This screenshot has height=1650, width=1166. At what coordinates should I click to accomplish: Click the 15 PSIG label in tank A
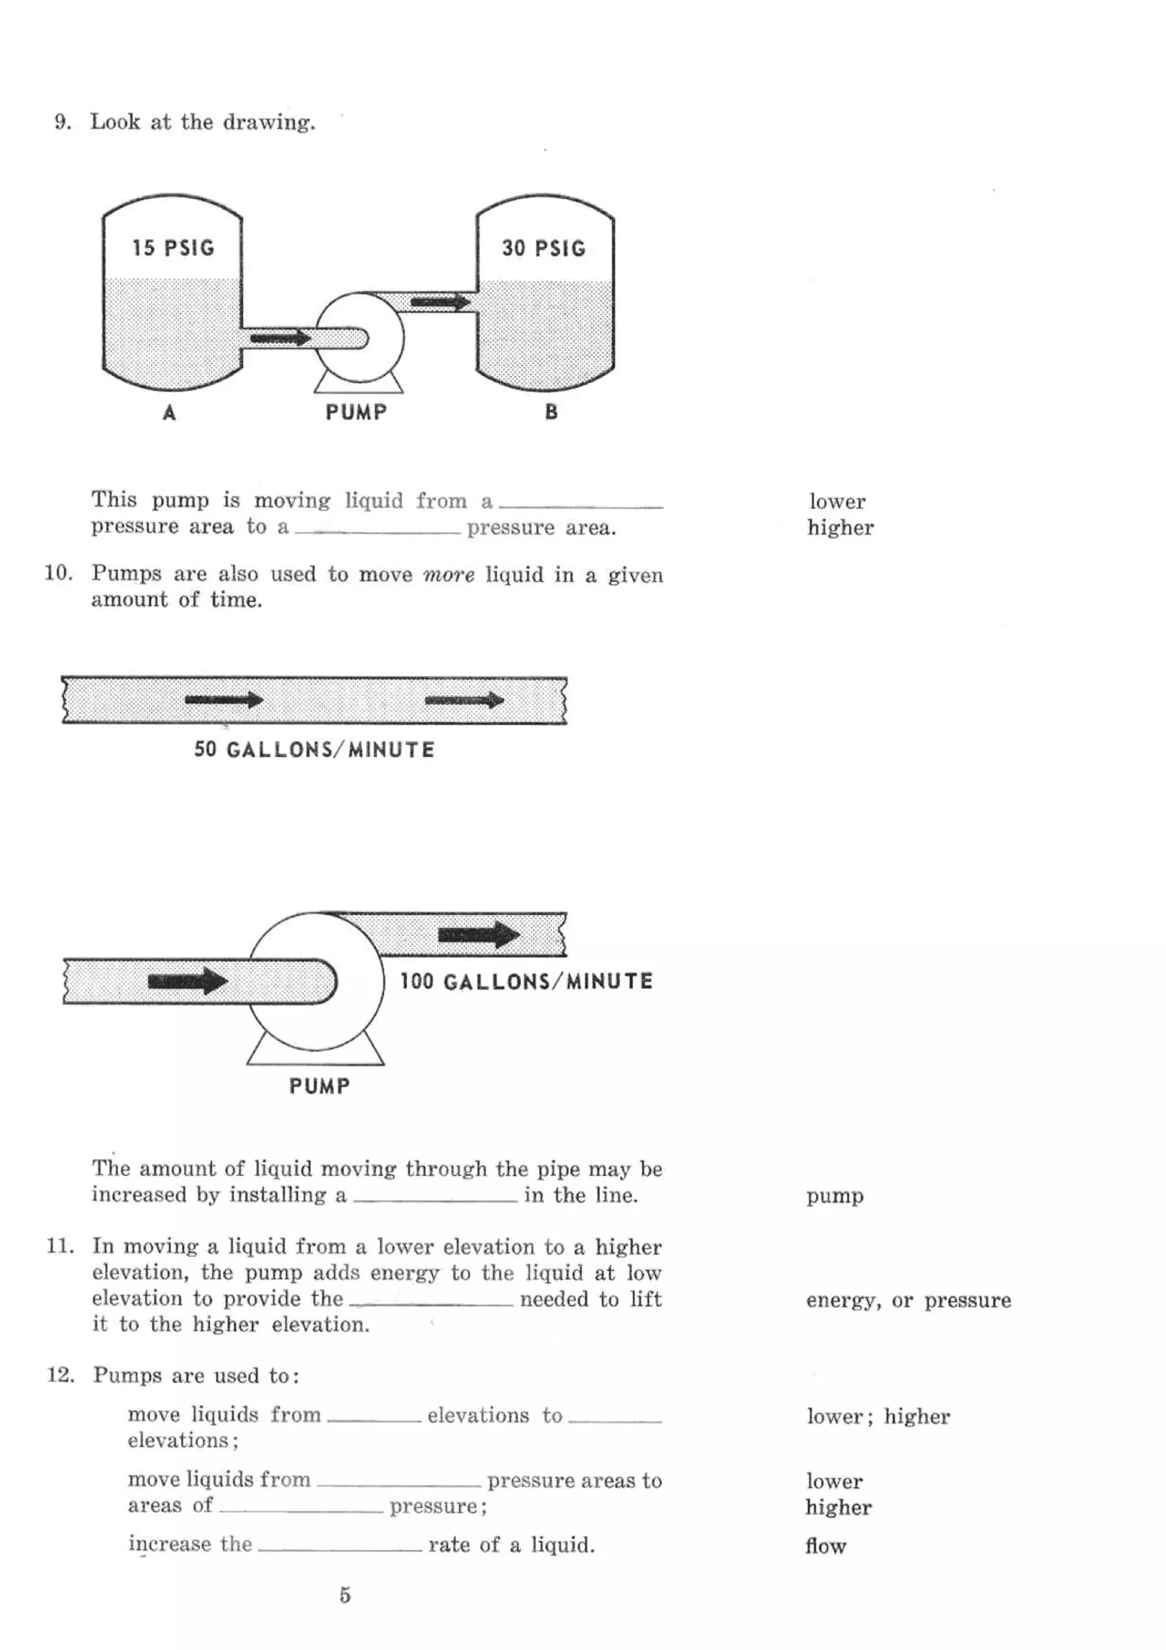[173, 248]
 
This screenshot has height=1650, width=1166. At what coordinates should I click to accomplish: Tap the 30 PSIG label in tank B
[544, 249]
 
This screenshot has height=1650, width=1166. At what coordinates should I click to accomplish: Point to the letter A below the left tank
[170, 412]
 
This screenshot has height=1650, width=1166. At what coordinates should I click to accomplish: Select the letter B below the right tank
[551, 412]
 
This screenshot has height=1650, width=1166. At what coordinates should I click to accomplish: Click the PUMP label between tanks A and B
[356, 412]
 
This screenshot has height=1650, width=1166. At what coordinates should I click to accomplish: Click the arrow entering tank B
[440, 302]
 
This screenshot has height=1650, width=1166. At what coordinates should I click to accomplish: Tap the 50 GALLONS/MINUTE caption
[314, 750]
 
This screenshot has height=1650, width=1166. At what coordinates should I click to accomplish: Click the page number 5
[345, 1595]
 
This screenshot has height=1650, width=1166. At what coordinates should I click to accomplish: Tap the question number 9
[63, 122]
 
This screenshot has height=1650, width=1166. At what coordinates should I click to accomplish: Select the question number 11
[60, 1246]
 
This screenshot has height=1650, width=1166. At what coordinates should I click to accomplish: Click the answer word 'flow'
[826, 1546]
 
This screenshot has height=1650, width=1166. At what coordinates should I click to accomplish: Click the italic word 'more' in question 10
[448, 575]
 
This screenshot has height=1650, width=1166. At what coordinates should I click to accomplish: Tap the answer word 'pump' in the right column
[834, 1197]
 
